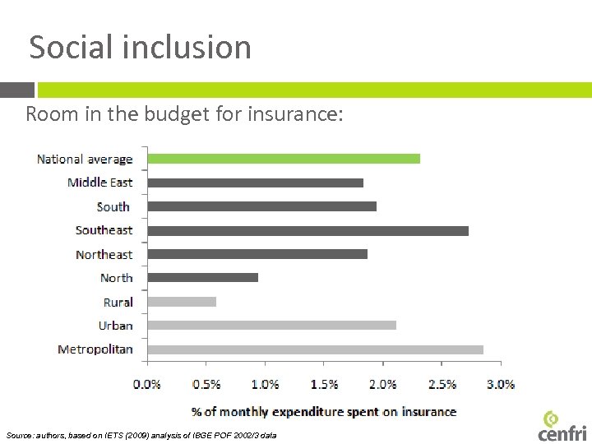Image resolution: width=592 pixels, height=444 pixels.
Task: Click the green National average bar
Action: pos(284,159)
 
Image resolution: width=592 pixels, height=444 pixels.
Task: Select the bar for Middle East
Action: pos(255,183)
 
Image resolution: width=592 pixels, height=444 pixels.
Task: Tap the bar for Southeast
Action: pos(308,230)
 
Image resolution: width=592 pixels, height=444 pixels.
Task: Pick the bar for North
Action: pos(202,278)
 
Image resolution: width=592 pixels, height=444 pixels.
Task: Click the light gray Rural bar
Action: pos(182,302)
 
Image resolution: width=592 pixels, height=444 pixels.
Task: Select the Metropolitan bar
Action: pos(315,349)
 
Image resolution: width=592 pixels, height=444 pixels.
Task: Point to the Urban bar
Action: pos(271,326)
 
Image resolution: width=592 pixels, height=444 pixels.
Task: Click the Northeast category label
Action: pos(104,255)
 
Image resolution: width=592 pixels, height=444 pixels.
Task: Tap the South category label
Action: pos(113,207)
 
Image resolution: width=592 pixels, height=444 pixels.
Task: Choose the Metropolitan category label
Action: pos(95,349)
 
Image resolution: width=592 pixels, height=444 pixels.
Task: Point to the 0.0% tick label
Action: pos(147,384)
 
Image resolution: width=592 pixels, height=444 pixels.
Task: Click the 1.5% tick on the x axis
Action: pos(324,384)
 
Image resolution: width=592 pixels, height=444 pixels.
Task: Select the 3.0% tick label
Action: pos(500,384)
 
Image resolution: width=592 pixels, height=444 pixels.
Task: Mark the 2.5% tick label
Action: pos(442,384)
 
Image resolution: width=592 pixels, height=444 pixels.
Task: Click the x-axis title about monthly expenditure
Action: pos(324,411)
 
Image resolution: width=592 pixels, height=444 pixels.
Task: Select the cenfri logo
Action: pos(562,425)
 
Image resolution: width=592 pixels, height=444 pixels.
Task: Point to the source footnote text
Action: pos(141,434)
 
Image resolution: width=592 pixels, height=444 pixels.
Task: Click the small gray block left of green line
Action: pos(17,90)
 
